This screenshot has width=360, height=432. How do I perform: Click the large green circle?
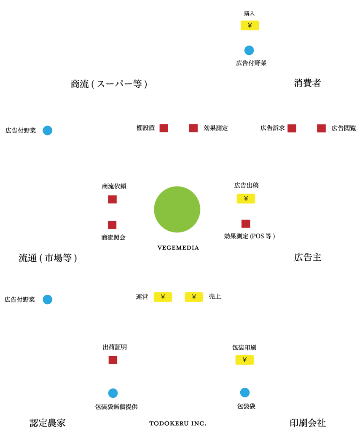click(x=177, y=209)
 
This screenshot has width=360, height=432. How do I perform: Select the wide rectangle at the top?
click(x=112, y=43)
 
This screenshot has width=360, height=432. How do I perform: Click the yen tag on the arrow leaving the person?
click(x=250, y=25)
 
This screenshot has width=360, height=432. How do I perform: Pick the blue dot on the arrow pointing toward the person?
click(x=249, y=51)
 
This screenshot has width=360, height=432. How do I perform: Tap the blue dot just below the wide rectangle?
click(x=48, y=130)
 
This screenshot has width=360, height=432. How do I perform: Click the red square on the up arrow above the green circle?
click(x=164, y=128)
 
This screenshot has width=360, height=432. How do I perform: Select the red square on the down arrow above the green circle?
click(x=193, y=128)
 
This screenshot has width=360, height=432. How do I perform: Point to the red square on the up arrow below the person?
click(x=292, y=128)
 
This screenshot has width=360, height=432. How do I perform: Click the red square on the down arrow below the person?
click(x=321, y=128)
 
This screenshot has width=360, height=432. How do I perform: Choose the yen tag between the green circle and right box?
click(x=246, y=198)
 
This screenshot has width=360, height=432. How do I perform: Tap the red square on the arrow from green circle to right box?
click(x=246, y=224)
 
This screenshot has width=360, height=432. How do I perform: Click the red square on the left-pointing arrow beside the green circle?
click(x=112, y=199)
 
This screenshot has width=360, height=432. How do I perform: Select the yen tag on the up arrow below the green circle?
click(x=163, y=297)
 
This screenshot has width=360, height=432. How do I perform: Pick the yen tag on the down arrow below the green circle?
click(x=194, y=297)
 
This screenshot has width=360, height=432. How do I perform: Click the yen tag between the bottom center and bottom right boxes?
click(x=244, y=360)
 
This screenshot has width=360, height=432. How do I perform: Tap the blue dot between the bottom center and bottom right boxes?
click(x=245, y=393)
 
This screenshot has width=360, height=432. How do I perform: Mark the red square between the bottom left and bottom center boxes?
click(x=113, y=360)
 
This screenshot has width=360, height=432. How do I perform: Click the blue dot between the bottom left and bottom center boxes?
click(x=113, y=393)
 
